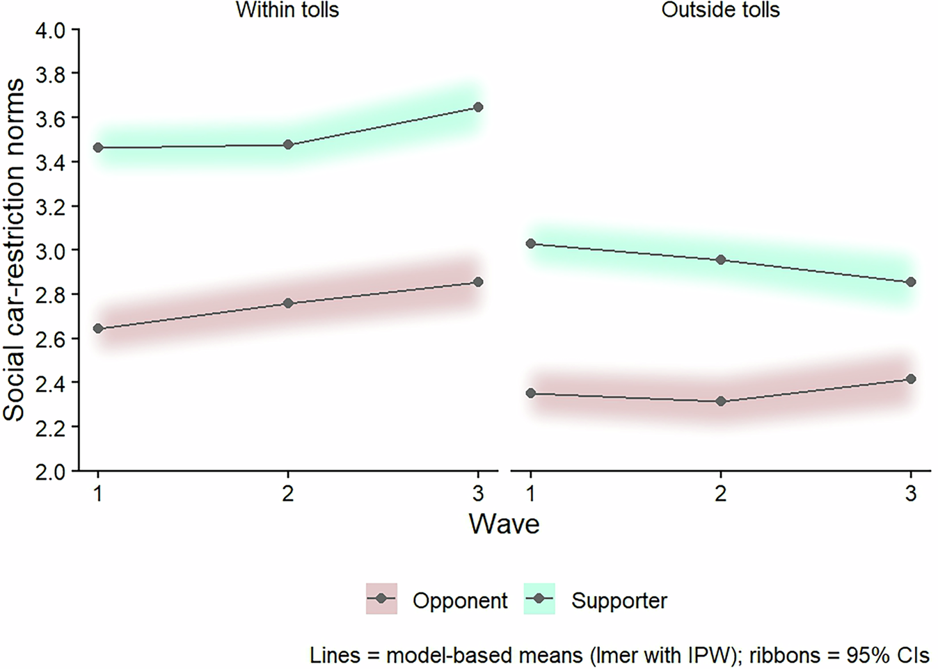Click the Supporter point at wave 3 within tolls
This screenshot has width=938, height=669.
tap(478, 107)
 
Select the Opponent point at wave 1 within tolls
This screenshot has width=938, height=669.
tap(98, 328)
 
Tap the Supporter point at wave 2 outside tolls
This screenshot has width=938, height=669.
tap(721, 259)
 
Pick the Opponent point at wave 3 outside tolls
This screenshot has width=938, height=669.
tap(911, 379)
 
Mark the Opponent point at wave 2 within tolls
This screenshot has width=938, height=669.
tap(288, 303)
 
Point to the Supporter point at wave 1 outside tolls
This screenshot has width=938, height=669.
tap(531, 243)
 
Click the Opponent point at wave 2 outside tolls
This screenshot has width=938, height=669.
tap(721, 401)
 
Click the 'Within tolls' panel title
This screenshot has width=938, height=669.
tap(287, 10)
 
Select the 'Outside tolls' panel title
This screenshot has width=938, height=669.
tap(720, 10)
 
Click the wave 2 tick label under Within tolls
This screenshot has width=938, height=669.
tap(288, 494)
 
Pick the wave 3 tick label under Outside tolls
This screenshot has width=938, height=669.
tap(911, 494)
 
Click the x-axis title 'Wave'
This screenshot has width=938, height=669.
tap(504, 524)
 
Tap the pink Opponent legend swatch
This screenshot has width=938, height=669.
tap(381, 599)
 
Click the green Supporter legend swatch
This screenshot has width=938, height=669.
tap(539, 599)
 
